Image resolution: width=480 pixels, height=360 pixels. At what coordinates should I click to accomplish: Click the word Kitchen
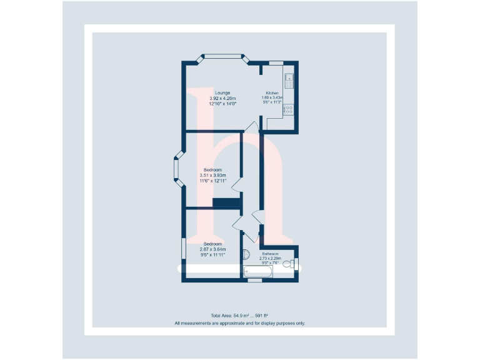pyautogui.click(x=272, y=93)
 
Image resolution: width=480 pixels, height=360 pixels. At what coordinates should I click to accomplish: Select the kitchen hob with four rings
pyautogui.click(x=289, y=109)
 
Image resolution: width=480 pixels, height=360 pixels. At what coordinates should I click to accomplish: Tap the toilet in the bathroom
pyautogui.click(x=289, y=264)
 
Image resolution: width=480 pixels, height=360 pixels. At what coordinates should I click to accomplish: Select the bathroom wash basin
pyautogui.click(x=245, y=255)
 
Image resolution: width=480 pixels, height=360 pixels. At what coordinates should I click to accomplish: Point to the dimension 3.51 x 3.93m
pyautogui.click(x=212, y=176)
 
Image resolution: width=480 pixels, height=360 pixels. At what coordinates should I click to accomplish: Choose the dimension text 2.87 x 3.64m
pyautogui.click(x=212, y=249)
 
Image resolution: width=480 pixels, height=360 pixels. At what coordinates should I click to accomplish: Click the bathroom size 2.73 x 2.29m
pyautogui.click(x=271, y=258)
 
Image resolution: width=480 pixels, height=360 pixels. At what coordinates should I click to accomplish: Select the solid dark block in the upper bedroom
pyautogui.click(x=227, y=202)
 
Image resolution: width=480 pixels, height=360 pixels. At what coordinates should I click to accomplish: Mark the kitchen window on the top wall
pyautogui.click(x=276, y=62)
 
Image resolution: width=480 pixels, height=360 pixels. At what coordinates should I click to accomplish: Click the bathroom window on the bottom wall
pyautogui.click(x=254, y=281)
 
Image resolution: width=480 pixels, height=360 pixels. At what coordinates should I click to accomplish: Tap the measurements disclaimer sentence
pyautogui.click(x=240, y=323)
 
